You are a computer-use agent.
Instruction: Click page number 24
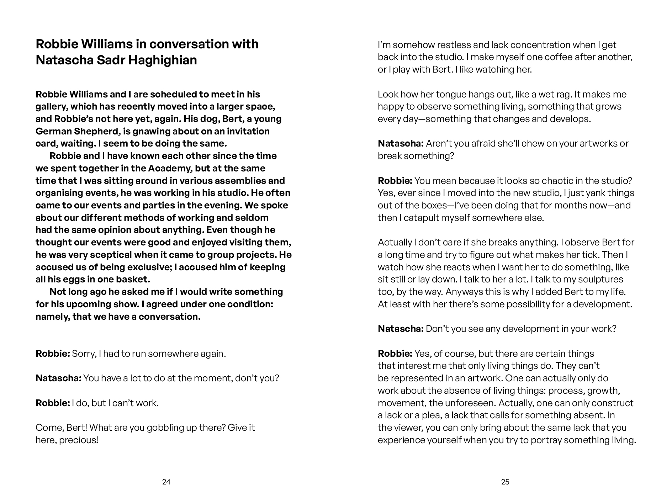click(x=166, y=482)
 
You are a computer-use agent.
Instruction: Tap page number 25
click(x=505, y=482)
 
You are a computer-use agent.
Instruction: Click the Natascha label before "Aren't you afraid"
click(x=401, y=144)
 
